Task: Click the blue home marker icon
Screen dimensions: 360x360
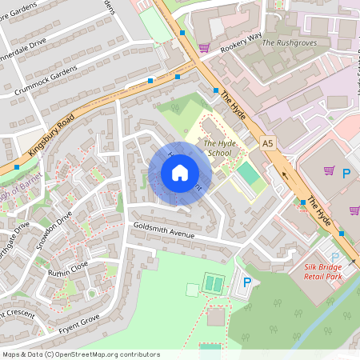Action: point(180,173)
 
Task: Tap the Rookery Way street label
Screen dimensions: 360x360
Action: point(241,42)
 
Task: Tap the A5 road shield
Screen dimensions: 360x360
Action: point(268,142)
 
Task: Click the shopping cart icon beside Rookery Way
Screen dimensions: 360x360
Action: point(204,48)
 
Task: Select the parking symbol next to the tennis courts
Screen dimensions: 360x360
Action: point(247,282)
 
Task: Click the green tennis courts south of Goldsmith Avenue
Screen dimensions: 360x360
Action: point(214,283)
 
